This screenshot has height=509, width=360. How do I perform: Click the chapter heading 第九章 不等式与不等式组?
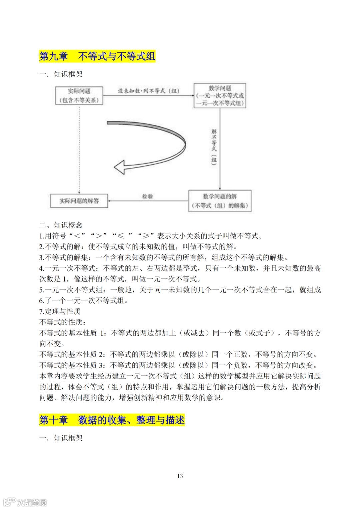pos(97,56)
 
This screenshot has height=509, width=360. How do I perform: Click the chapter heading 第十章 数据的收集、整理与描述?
pos(112,420)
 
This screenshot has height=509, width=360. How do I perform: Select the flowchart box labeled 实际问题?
pos(79,95)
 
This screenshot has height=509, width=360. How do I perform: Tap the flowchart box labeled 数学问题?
pos(220,95)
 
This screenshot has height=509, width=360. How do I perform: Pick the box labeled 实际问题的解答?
pos(79,201)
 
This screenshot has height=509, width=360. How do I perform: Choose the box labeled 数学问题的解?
pos(220,201)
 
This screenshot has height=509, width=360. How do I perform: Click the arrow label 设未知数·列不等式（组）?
pos(149,91)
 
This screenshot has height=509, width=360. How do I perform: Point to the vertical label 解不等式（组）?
pos(214,147)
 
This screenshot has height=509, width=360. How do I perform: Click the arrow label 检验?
pos(147,196)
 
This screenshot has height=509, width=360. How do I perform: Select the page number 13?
pos(180,476)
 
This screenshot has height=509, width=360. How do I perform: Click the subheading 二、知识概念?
pos(61,225)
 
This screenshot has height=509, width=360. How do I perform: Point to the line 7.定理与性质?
pos(60,311)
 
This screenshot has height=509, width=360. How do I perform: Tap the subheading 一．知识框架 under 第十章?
pos(61,438)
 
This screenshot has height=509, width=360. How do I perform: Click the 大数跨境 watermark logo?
pos(25,502)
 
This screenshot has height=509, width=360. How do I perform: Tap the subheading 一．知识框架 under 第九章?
pos(61,74)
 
